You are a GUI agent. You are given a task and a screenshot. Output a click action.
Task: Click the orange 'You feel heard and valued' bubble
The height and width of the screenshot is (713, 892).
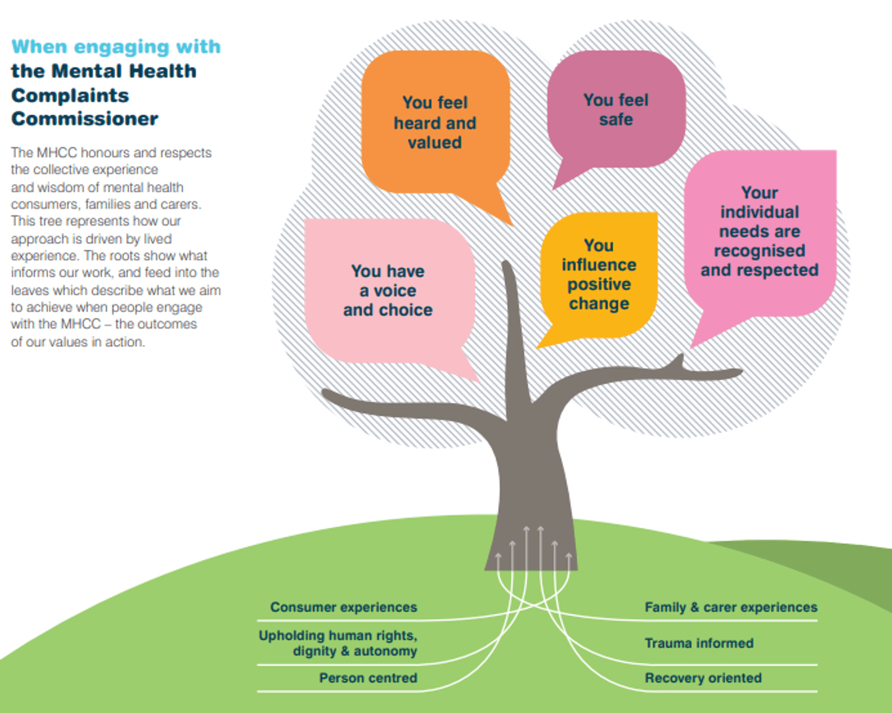click(x=435, y=122)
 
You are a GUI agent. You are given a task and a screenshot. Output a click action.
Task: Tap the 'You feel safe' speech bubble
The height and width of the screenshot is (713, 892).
click(x=616, y=110)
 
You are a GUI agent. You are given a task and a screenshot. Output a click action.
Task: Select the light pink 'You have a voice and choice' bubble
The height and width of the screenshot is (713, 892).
click(x=388, y=291)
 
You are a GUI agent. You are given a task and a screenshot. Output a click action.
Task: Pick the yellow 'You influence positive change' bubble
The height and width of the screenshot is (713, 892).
click(x=598, y=274)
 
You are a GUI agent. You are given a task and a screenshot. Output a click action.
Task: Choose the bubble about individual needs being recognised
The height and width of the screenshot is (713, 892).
click(x=759, y=232)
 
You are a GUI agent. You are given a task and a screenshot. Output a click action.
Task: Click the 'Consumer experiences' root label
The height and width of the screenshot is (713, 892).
click(x=343, y=607)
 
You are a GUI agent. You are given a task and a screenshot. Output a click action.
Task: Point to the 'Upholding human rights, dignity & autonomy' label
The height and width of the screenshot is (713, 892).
click(x=338, y=643)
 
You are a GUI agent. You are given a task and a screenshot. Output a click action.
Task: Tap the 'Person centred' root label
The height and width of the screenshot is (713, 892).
click(x=368, y=678)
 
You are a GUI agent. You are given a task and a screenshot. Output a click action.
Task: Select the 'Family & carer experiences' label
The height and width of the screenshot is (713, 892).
click(x=731, y=607)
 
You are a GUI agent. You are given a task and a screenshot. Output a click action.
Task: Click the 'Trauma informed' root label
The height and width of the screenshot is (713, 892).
click(x=699, y=643)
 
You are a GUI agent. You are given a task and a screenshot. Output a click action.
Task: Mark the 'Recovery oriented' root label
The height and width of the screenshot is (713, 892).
click(x=703, y=678)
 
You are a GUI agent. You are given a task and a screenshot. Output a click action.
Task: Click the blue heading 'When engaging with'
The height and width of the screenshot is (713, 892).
click(x=116, y=46)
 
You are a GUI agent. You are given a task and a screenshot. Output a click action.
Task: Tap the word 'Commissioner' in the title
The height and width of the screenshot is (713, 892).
click(x=85, y=118)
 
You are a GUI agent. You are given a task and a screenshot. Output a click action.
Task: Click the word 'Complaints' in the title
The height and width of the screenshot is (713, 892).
click(x=70, y=95)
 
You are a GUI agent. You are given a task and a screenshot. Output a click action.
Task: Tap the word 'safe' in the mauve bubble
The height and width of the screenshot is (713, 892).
click(x=616, y=120)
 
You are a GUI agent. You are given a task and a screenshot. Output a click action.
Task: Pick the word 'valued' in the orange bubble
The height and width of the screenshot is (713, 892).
click(x=435, y=142)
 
